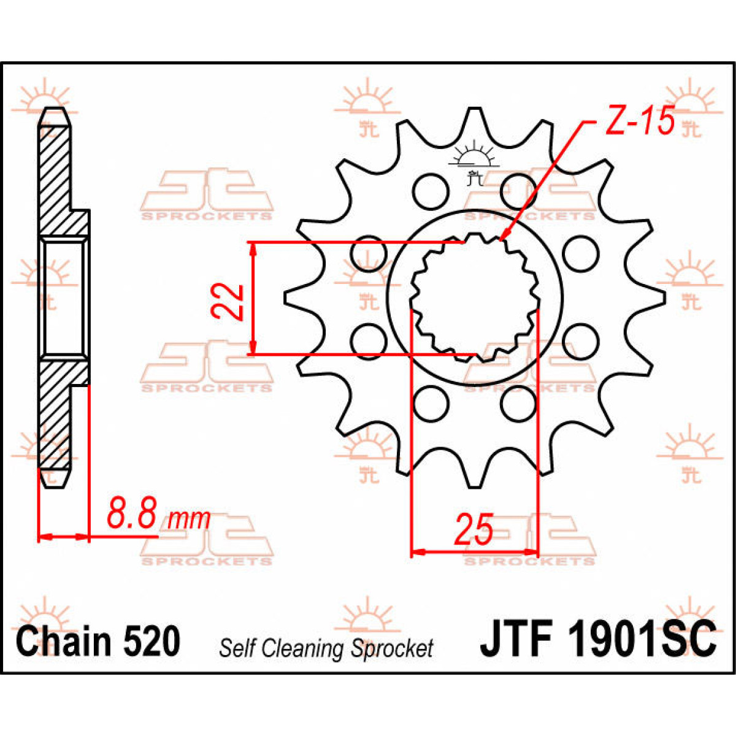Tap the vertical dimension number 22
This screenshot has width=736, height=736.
coord(228,301)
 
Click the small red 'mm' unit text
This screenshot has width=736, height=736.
coord(189,519)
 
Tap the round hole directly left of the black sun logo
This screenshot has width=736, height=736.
coord(430,191)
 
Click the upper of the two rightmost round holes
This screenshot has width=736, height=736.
coord(580,253)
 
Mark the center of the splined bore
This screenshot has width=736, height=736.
coord(474,297)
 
